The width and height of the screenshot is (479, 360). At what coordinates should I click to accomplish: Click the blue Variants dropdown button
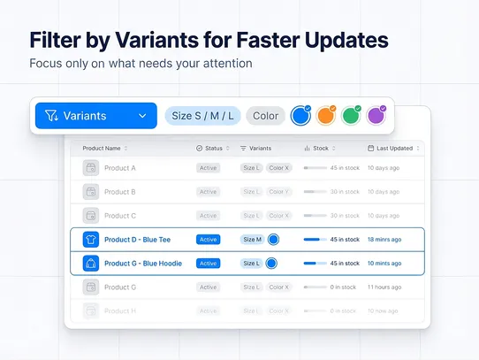(x=95, y=116)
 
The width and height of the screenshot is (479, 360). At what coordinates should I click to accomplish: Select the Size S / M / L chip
(x=202, y=116)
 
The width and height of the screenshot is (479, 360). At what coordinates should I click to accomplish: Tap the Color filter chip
(x=265, y=116)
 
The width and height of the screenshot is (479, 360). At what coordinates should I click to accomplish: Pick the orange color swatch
(x=326, y=115)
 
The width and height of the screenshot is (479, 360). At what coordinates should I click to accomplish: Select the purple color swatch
(x=376, y=115)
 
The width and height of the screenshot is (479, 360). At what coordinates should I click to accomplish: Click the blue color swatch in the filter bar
(x=301, y=115)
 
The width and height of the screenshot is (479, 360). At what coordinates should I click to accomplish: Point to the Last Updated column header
(x=389, y=149)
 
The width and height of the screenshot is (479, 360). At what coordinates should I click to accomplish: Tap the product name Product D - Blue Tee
(x=138, y=239)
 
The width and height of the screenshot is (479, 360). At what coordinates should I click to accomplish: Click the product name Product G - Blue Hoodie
(x=143, y=263)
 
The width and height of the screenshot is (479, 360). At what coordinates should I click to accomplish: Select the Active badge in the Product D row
(x=208, y=239)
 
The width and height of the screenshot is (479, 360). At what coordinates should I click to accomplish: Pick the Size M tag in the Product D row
(x=252, y=239)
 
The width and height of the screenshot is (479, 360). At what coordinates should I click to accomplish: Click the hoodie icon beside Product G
(x=90, y=263)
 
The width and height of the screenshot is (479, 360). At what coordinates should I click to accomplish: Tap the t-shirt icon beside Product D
(x=90, y=239)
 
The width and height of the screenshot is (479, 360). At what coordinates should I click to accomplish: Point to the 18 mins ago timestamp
(x=384, y=239)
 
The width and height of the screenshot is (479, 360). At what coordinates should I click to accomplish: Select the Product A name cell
(x=119, y=167)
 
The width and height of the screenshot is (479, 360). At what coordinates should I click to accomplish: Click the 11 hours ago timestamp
(x=384, y=287)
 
